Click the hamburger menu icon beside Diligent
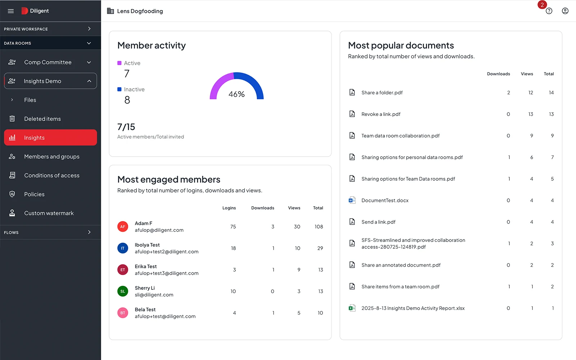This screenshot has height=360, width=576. [11, 11]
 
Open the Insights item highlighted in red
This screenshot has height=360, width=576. [50, 138]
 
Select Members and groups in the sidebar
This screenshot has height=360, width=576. [51, 157]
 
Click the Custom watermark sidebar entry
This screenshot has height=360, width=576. [49, 213]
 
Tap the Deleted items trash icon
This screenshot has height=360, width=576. [12, 119]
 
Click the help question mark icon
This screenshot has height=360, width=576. [549, 11]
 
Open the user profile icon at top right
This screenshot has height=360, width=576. [565, 11]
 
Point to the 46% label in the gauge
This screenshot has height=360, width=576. [237, 94]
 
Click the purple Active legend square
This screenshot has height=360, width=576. [120, 63]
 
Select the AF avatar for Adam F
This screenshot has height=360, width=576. [123, 227]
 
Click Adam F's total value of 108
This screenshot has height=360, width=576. [319, 227]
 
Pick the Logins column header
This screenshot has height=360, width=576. [229, 208]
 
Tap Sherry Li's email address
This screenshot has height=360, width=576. [154, 295]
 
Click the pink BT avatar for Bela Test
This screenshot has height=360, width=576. [123, 313]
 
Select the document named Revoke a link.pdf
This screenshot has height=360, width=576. [381, 114]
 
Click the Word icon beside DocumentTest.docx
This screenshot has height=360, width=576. [352, 201]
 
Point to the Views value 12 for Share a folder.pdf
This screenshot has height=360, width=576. [531, 93]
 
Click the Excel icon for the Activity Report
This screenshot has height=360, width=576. [352, 308]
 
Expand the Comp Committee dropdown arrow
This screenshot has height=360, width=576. [89, 62]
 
